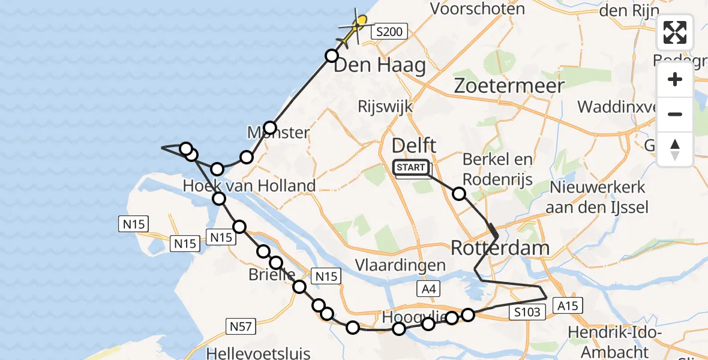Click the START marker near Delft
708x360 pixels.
(x=411, y=167)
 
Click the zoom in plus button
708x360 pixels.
(x=675, y=80)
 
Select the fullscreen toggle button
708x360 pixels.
(x=675, y=32)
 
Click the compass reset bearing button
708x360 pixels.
(x=675, y=149)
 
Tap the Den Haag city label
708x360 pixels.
(x=379, y=65)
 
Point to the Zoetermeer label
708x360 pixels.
(x=509, y=85)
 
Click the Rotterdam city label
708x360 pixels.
(x=499, y=247)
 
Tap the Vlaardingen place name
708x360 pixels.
(x=400, y=265)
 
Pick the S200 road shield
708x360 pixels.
(x=389, y=32)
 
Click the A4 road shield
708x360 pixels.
(x=427, y=290)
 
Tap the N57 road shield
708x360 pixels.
(x=241, y=326)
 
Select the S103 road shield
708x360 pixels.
(x=527, y=311)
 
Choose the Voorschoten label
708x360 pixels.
(x=478, y=9)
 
